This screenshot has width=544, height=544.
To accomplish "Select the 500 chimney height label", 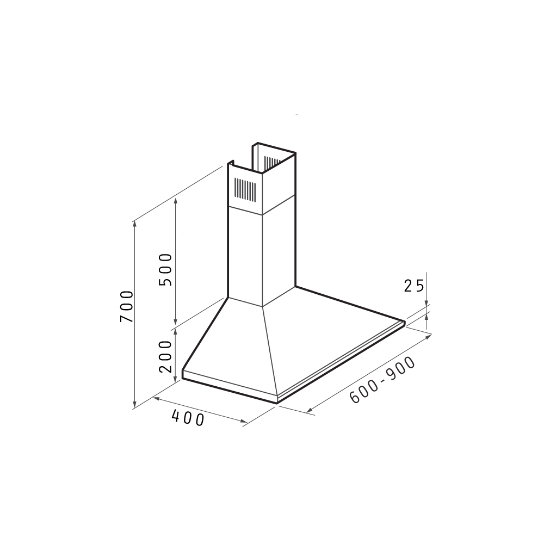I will coord(166,270).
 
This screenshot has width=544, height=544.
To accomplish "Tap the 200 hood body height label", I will coord(166,356).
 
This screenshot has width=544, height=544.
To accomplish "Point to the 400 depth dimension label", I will coord(188,418).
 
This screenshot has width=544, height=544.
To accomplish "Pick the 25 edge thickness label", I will coord(413,286).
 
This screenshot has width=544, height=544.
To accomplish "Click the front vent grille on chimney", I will coord(244,190).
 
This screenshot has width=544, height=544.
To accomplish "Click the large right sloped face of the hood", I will coord(326,337).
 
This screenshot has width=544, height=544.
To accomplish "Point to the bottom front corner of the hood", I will coord(277,401).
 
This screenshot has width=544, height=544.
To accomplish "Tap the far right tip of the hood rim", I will coord(405,322).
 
